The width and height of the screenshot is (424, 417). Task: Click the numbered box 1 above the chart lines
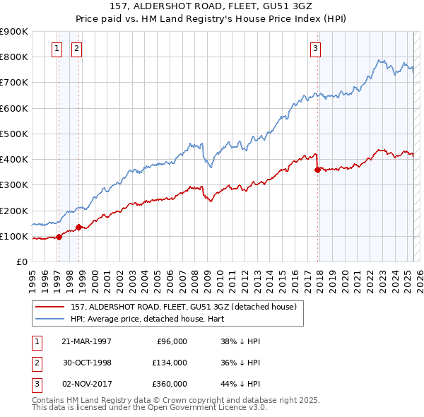[56, 49]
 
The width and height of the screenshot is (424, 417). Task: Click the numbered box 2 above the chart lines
[76, 49]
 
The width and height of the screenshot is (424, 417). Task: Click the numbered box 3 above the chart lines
[315, 49]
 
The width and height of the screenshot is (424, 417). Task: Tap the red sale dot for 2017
[317, 170]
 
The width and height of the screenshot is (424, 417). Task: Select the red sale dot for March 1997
[59, 237]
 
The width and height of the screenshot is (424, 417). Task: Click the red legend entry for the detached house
[187, 306]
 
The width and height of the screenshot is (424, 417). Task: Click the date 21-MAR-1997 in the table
[86, 341]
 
